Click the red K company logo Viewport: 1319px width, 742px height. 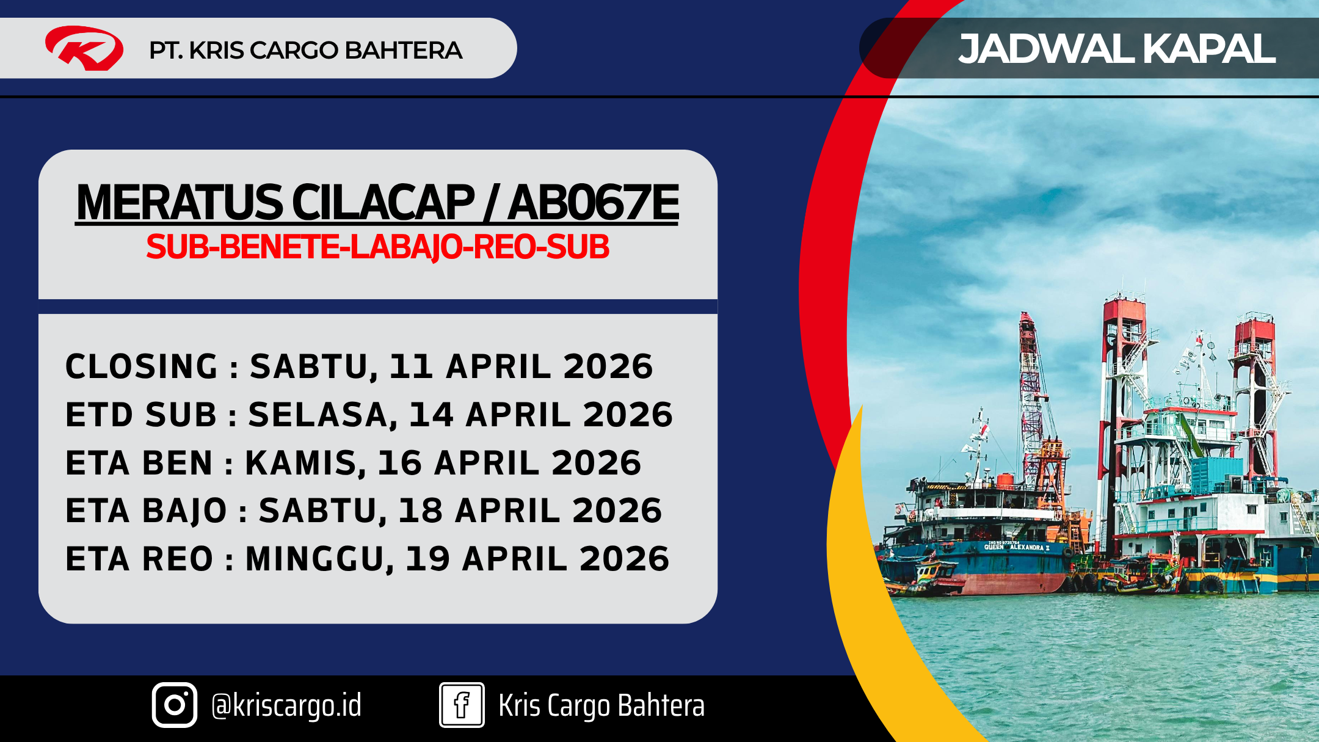coord(84,48)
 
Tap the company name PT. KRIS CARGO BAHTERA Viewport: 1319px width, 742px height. coord(305,50)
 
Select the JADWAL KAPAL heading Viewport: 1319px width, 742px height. coord(1117,48)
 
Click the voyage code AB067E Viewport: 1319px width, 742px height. coord(593,203)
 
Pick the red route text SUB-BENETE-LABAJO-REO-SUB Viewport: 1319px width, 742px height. coord(377,247)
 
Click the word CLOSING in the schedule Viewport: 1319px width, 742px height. coord(142,366)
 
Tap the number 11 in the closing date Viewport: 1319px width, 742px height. coord(411,366)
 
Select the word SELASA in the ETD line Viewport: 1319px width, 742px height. coord(318,415)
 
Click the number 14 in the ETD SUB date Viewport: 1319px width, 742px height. coord(431,415)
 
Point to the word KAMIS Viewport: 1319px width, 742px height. coord(300,463)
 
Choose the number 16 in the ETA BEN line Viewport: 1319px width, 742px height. coord(399,463)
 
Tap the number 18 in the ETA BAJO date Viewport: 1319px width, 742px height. coord(420,511)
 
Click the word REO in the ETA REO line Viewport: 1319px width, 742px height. coord(177,559)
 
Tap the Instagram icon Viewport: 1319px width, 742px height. coord(175,705)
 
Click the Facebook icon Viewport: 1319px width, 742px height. coord(462,705)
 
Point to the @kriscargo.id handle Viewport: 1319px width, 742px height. coord(286,705)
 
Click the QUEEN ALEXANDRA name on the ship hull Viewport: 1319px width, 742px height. coord(1017,547)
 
